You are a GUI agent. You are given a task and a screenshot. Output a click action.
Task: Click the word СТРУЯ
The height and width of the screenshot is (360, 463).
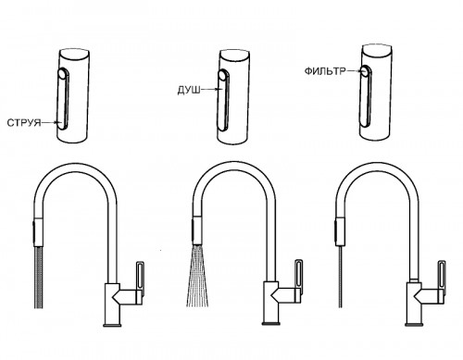(x=24, y=123)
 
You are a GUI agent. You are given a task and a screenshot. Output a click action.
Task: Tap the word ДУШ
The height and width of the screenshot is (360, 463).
(x=189, y=90)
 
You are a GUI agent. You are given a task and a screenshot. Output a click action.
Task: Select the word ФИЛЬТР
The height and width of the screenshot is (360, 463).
(x=325, y=71)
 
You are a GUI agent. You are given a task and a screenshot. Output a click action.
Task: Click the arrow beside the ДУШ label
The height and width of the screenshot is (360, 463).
(x=211, y=90)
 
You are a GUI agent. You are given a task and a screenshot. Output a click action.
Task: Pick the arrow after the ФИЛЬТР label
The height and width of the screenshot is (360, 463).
(x=354, y=70)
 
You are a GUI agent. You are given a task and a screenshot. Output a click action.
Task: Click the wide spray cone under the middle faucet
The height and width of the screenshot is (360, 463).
(x=197, y=276)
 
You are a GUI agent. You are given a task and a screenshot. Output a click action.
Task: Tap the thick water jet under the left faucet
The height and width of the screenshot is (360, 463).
(x=39, y=278)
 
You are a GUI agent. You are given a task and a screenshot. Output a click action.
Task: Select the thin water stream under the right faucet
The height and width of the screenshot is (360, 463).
(x=340, y=277)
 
